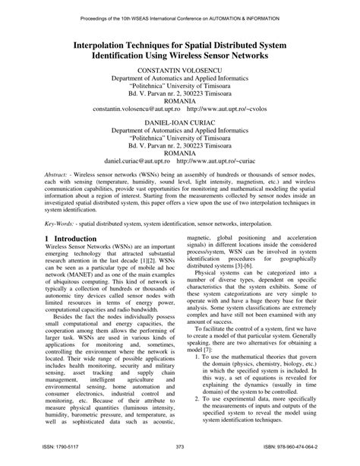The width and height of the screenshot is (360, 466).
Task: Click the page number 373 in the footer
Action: (180, 447)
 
